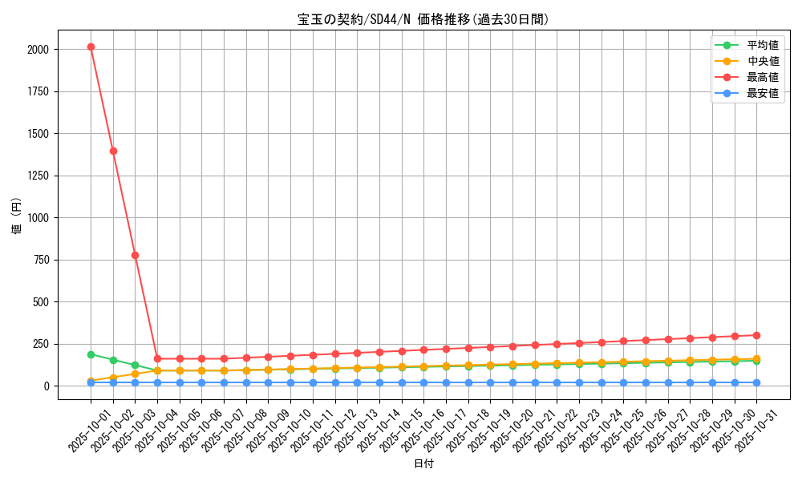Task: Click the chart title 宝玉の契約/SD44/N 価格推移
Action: [423, 20]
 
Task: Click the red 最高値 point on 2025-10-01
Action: [91, 46]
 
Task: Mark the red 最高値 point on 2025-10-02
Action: [113, 151]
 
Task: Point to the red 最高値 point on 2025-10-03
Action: [135, 255]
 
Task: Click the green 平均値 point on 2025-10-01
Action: [91, 354]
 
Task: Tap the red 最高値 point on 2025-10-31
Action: [756, 335]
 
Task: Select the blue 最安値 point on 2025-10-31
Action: [756, 382]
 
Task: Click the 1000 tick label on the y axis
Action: [38, 218]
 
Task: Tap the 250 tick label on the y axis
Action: [41, 344]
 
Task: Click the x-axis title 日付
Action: [423, 464]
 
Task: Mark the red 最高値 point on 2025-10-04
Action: [157, 359]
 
